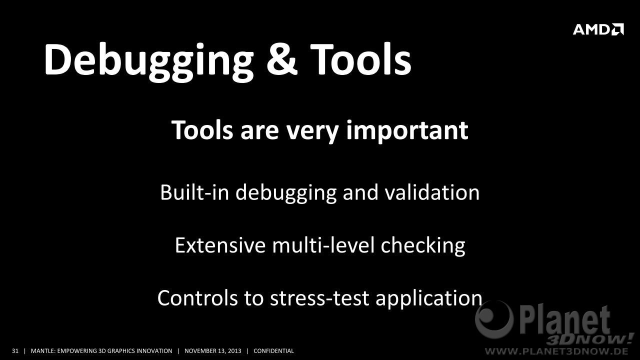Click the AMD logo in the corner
point(598,29)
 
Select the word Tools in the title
point(360,59)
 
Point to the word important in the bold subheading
point(407,131)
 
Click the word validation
point(432,192)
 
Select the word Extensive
point(220,245)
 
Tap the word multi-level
point(323,245)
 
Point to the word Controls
point(197,298)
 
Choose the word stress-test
point(319,298)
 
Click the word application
point(429,299)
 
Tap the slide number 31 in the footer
point(15,351)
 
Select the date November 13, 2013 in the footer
point(213,351)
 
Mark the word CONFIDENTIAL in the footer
point(273,351)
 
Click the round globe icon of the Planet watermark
point(494,319)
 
